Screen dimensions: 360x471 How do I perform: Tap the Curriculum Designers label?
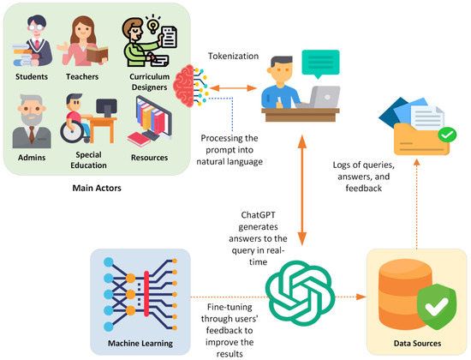coord(145,82)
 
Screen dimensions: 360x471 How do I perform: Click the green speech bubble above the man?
coord(319,59)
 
